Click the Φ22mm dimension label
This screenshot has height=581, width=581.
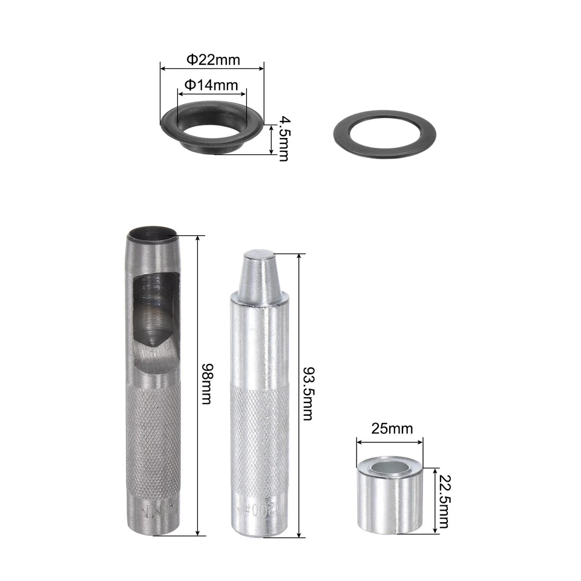coord(212,60)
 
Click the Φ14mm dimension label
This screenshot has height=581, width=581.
coord(211,85)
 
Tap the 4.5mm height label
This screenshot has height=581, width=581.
coord(283,139)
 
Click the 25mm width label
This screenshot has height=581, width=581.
coord(391,429)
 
